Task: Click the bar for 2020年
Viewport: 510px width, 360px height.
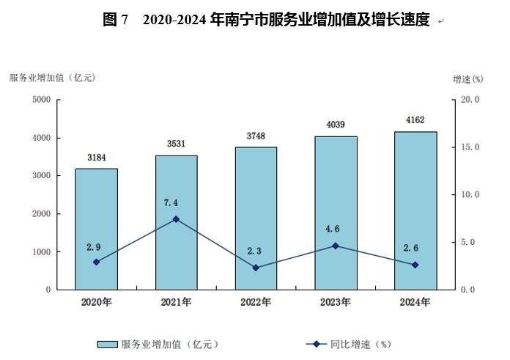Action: point(96,229)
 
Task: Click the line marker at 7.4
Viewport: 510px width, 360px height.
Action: point(176,219)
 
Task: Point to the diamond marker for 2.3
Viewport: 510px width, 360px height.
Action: point(256,268)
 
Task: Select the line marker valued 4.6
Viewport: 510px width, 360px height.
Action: point(336,246)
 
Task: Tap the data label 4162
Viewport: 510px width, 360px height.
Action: point(415,120)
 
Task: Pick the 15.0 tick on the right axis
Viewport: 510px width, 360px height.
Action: point(469,147)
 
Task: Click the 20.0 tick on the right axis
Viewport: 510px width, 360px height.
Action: point(469,100)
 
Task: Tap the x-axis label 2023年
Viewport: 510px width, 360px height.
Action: point(336,301)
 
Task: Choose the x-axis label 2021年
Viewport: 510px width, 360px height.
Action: point(176,301)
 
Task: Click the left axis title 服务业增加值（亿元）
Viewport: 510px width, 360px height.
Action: point(53,78)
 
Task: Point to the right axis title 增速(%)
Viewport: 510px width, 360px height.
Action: point(467,78)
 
